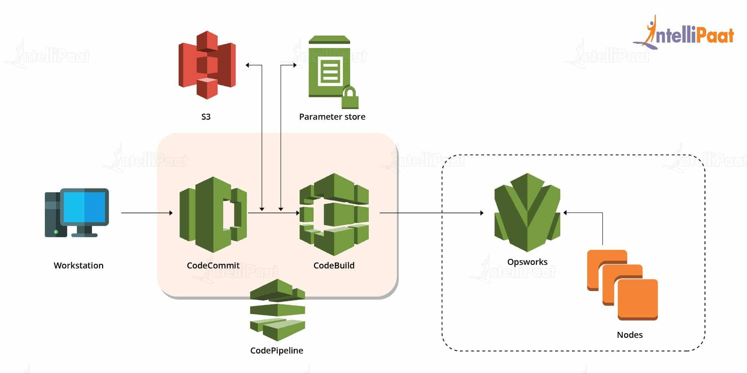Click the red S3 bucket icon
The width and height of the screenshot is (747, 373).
207,65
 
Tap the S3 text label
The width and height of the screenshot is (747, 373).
206,117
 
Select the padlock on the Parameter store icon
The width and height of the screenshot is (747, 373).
350,98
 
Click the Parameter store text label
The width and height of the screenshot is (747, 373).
332,117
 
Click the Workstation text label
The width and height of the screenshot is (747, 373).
78,266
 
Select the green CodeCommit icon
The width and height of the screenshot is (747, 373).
213,215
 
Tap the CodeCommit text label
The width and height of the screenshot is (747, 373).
213,266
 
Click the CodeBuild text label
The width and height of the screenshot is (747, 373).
334,266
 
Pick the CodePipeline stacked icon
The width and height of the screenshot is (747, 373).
277,310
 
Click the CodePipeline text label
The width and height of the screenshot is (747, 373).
276,350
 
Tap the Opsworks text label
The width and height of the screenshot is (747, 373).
527,262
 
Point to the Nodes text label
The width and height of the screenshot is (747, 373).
630,335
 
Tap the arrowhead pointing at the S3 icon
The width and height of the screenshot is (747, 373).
248,65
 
